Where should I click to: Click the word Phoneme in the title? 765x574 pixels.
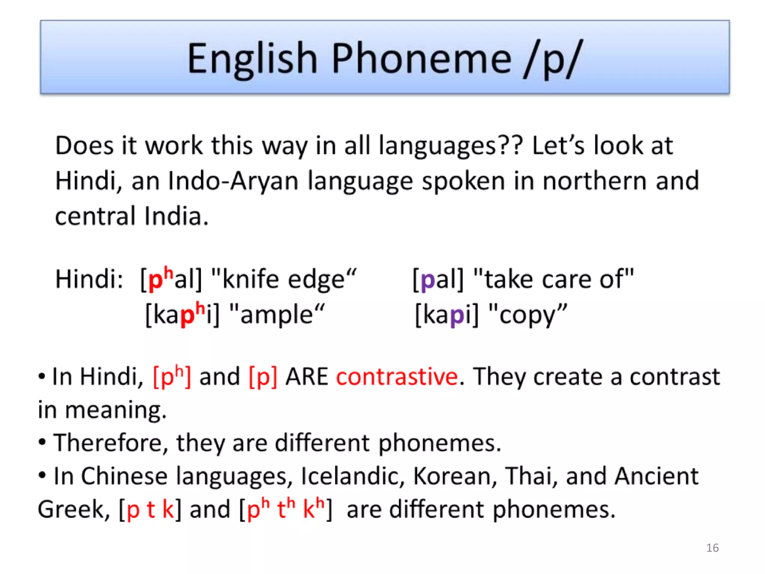coord(421,59)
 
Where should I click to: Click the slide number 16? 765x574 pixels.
coord(712,548)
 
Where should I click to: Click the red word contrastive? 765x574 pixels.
coord(397,377)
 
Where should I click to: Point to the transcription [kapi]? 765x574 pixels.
coord(447,315)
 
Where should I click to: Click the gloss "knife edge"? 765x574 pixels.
coord(284,280)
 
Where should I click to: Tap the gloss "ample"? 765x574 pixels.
coord(276,315)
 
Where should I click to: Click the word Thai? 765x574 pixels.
coord(530,476)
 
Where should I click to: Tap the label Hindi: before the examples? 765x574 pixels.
coord(89,280)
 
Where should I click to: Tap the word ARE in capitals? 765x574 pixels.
coord(306,377)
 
